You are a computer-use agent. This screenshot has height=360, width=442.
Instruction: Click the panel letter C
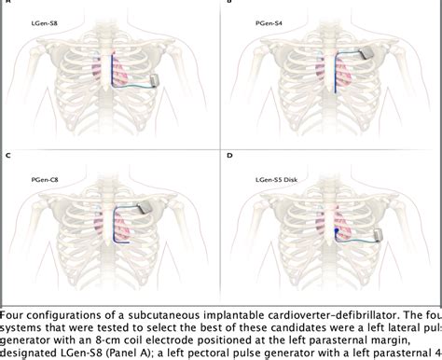[6, 153]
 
